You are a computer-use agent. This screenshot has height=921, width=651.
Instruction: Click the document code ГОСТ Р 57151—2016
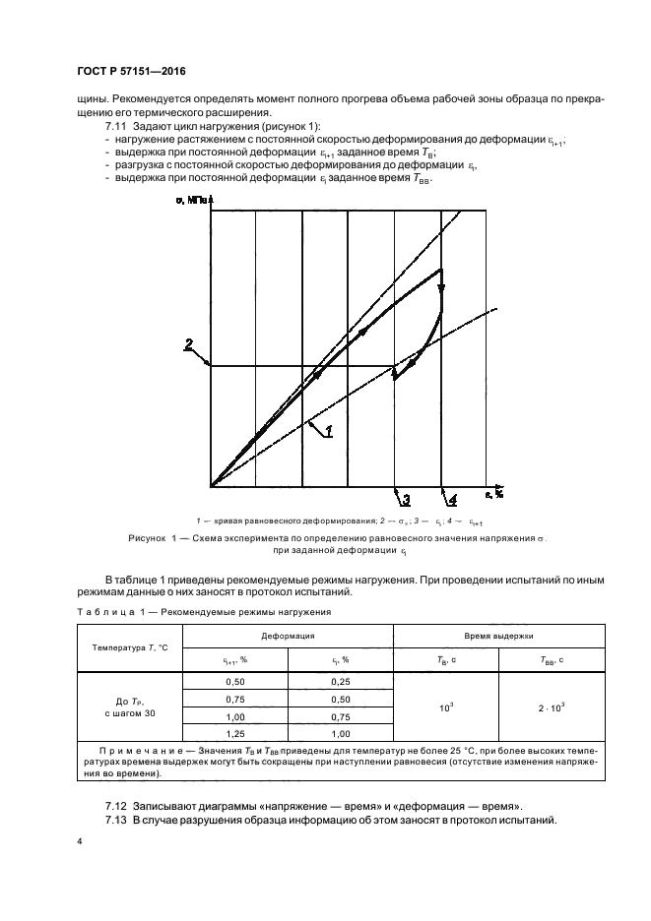pos(131,72)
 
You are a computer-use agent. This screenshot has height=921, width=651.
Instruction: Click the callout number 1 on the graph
pos(328,430)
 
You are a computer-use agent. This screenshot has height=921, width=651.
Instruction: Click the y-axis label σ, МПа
pos(194,200)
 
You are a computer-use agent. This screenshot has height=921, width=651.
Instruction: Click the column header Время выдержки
pos(498,637)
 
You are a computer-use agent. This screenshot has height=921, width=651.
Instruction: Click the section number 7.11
pos(117,129)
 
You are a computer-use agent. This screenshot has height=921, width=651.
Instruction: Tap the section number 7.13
pos(117,820)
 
